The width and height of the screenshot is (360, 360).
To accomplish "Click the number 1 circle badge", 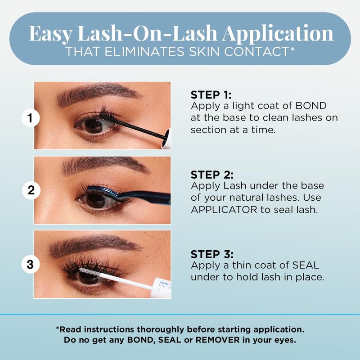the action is (31, 118).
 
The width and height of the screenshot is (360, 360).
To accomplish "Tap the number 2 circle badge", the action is (31, 190).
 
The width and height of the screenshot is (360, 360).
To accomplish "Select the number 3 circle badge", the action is (31, 264).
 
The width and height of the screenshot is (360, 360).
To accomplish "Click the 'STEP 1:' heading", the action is (211, 95).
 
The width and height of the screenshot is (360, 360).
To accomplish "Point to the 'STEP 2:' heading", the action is (212, 175).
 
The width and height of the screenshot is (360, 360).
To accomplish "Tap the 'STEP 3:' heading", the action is (212, 254).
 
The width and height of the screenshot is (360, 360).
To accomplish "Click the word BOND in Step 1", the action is (311, 106).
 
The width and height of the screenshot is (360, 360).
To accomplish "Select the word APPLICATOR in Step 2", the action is (224, 210).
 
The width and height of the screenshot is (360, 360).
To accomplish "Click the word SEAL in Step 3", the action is (306, 265).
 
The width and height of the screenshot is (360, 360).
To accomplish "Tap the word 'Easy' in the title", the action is (50, 33).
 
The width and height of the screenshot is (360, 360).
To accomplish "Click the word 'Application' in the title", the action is (278, 33).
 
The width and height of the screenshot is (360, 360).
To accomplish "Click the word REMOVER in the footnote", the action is (217, 340).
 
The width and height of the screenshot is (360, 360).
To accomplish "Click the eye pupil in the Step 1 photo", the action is (94, 126).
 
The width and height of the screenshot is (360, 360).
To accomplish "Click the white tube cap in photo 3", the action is (162, 288).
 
